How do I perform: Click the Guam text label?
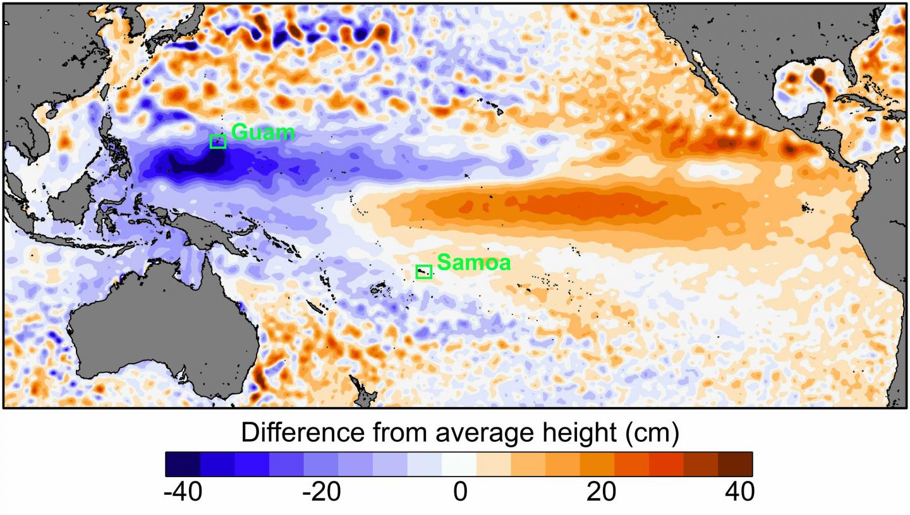tap(263, 132)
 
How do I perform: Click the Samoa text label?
tap(473, 262)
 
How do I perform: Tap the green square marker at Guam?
tap(218, 141)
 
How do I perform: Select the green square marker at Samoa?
tap(423, 271)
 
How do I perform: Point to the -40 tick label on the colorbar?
tap(183, 492)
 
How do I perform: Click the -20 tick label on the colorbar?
tap(322, 492)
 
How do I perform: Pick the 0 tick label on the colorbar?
tap(460, 492)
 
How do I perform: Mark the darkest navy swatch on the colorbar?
tap(183, 464)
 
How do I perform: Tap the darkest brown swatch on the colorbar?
tap(735, 464)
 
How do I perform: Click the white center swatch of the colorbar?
tap(459, 464)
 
